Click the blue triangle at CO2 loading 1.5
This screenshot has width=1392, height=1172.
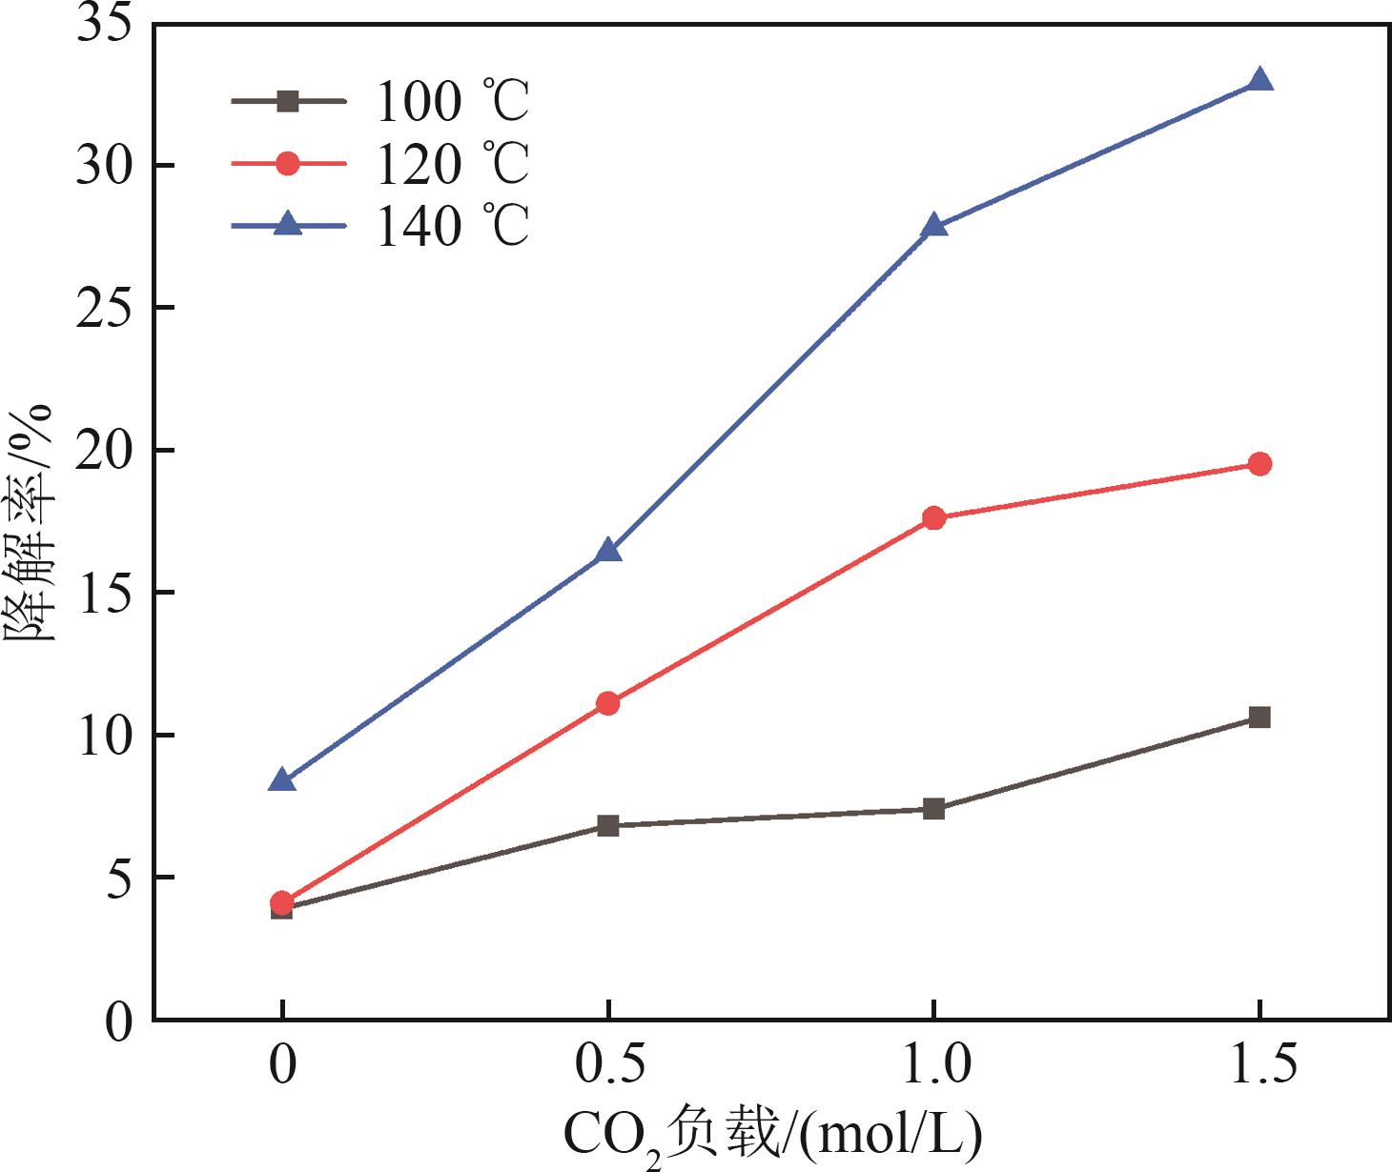tap(1259, 80)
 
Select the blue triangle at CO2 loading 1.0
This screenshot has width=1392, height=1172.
tap(934, 227)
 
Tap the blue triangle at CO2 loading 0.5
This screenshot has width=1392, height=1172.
tap(608, 552)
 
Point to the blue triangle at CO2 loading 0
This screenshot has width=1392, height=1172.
tap(282, 781)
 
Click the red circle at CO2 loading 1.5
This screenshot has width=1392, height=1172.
tap(1259, 464)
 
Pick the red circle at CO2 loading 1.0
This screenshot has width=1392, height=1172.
tap(934, 518)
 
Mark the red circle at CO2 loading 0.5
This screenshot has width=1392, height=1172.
tap(608, 703)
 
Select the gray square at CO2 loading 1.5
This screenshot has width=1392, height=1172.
tap(1259, 717)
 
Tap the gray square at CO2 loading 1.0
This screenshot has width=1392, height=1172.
tap(934, 809)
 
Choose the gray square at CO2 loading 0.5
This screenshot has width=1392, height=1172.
tap(608, 825)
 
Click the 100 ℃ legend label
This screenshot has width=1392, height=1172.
tap(453, 101)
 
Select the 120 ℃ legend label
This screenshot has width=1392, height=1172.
tap(453, 164)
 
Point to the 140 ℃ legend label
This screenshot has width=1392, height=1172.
tap(453, 227)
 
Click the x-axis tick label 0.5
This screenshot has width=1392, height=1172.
tap(608, 1064)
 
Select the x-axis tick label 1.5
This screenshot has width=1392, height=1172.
tap(1259, 1064)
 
